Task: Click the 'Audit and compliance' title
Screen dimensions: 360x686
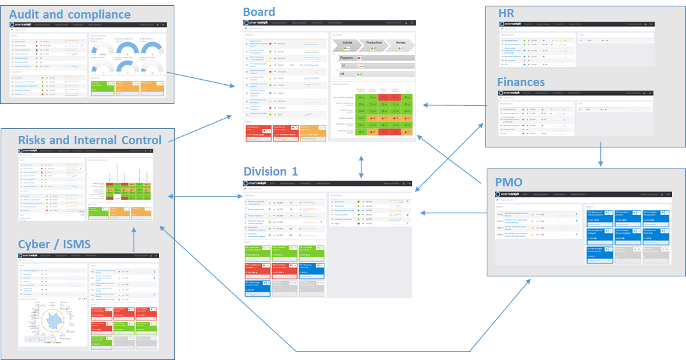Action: coord(70,14)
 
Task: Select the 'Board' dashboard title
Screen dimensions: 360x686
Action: coord(259,11)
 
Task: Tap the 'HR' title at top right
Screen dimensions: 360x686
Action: coord(507,13)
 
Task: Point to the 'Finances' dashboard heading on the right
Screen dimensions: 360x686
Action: coord(521,82)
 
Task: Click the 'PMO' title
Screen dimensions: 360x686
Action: coord(509,183)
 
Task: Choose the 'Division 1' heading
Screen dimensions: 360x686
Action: coord(270,171)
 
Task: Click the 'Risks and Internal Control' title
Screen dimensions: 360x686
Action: coord(89,140)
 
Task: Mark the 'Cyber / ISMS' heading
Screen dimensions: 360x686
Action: coord(54,243)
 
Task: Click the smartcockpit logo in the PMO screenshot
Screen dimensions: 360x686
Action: coord(508,194)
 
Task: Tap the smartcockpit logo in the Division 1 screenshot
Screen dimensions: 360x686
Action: coord(254,183)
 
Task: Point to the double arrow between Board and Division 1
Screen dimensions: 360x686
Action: coord(362,166)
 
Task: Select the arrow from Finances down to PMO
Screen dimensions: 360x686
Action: coord(600,154)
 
